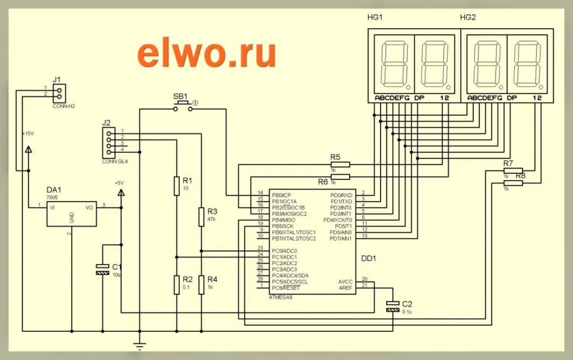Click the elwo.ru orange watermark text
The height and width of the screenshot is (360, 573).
206,53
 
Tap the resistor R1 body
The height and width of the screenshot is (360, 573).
177,186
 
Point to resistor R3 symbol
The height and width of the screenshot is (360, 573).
202,217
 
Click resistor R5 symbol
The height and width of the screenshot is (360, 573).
340,164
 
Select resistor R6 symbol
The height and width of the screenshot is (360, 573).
340,177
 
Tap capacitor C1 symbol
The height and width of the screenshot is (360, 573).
103,269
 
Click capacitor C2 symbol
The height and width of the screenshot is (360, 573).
393,307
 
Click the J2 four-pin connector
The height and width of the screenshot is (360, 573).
109,143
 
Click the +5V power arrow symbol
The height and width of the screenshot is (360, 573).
120,192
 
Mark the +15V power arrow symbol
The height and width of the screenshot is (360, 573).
28,149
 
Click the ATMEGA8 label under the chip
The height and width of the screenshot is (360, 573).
280,297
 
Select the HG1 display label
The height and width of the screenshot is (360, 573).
375,18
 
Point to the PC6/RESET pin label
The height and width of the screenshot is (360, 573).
286,287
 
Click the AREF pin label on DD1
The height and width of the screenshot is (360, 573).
345,287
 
